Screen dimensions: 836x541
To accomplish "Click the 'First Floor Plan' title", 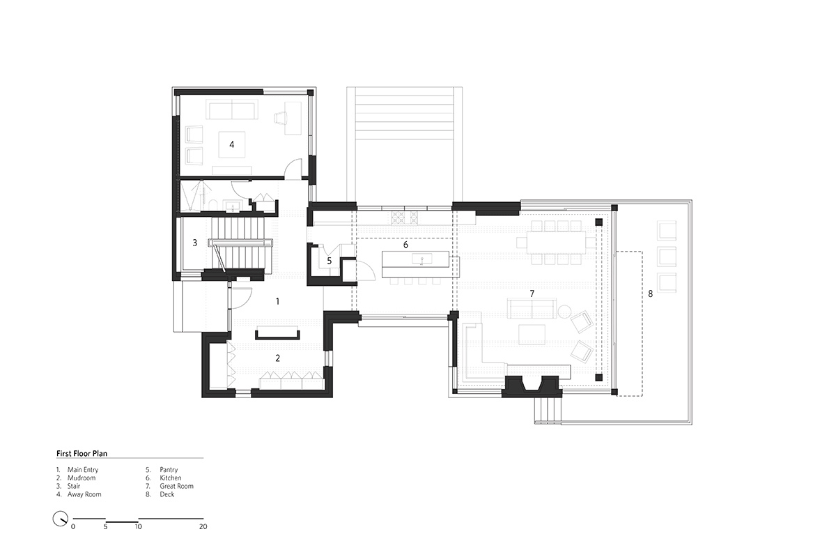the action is pos(82,453).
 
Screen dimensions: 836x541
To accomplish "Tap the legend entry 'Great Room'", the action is pos(176,486).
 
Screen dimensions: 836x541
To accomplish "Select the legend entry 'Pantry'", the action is pos(169,470).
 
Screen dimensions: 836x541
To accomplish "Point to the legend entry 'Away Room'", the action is pos(84,494).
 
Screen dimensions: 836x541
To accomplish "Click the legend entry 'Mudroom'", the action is pos(82,478).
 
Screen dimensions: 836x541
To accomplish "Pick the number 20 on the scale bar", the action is pos(203,526).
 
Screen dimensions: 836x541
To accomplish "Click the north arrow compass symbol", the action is pos(60,519).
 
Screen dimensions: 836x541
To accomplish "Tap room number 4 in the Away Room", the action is pos(232,144).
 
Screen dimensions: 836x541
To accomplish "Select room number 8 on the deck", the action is pos(650,294).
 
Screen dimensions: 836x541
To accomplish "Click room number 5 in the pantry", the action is pos(329,261).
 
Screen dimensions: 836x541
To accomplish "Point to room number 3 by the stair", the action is pos(195,243).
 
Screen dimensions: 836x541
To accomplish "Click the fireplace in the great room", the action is pos(532,386).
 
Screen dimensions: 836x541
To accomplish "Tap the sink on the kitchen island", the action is pos(422,259).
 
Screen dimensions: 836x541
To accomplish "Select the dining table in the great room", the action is pos(556,243).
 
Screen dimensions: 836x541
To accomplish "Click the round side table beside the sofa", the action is pos(565,312).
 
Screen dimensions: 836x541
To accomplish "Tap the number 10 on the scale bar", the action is pos(138,526).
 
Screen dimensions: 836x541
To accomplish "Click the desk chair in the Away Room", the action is pos(280,118).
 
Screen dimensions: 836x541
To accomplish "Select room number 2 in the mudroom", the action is pos(278,358).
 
